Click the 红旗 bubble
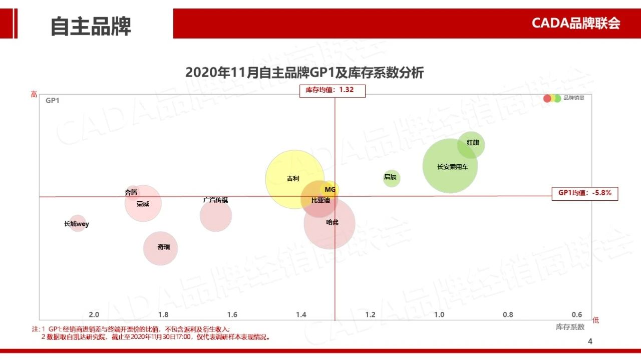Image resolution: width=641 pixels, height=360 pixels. [x=471, y=144]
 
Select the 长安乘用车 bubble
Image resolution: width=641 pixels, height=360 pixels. [x=450, y=166]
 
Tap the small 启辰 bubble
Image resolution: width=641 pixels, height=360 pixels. [x=392, y=177]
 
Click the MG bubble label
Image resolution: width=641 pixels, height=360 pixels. [x=330, y=189]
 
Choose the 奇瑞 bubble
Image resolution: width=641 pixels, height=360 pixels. [x=161, y=247]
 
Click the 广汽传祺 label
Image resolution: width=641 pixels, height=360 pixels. [x=216, y=200]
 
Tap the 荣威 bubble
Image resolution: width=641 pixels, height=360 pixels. [x=143, y=203]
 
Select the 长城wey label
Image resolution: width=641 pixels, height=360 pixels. [x=77, y=224]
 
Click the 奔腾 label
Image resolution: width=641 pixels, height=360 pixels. [x=131, y=192]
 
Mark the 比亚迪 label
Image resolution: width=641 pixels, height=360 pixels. [x=320, y=200]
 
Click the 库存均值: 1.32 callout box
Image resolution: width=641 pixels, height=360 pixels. [x=333, y=90]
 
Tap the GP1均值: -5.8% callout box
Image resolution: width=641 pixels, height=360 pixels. [x=585, y=193]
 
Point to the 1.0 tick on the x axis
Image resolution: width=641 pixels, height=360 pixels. [x=439, y=314]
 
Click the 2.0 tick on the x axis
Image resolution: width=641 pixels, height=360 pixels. [x=94, y=314]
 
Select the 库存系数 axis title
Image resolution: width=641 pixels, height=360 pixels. [x=570, y=327]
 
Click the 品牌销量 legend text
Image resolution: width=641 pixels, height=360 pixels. [x=573, y=98]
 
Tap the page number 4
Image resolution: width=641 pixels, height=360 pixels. [x=590, y=341]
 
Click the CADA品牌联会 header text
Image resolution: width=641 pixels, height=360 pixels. [x=576, y=23]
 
